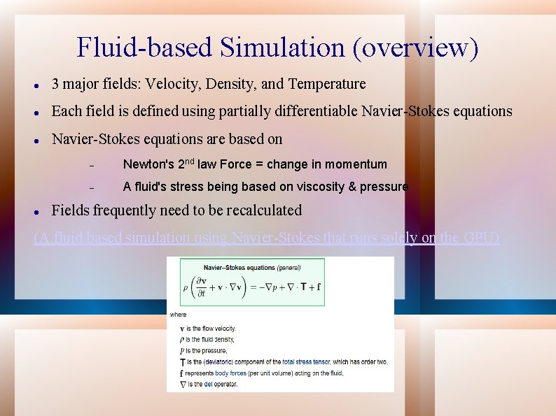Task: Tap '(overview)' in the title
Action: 417,48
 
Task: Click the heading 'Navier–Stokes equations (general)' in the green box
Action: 251,266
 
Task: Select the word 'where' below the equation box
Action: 178,315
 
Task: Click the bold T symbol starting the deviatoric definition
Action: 182,361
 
